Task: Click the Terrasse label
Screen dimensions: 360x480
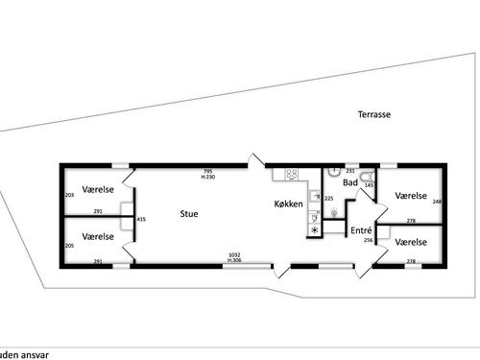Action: click(x=374, y=114)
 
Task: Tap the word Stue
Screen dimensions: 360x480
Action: click(x=189, y=214)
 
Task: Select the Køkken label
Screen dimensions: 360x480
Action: click(x=288, y=204)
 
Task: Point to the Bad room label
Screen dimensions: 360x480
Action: click(x=350, y=181)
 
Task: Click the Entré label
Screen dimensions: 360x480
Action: click(x=361, y=230)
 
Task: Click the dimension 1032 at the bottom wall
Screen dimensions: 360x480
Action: click(x=234, y=254)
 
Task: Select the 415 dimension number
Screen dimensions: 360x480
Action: click(x=142, y=220)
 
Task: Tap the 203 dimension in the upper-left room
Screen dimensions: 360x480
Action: click(x=69, y=195)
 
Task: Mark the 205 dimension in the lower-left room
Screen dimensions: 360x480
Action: click(x=69, y=245)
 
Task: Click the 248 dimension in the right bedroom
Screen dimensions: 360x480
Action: click(x=437, y=202)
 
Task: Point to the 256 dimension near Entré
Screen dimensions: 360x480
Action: click(x=369, y=240)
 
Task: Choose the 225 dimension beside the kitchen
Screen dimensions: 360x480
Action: click(x=328, y=198)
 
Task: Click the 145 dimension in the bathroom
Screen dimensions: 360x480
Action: click(x=370, y=185)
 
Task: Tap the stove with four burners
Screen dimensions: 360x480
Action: click(x=287, y=175)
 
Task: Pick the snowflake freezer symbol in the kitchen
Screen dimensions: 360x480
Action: click(x=314, y=229)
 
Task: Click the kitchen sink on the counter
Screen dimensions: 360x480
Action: click(x=314, y=196)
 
